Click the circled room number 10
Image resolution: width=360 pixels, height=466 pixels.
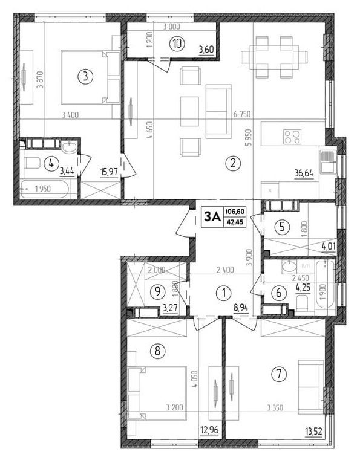[x=177, y=44]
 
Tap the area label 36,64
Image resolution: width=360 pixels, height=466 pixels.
[x=304, y=173]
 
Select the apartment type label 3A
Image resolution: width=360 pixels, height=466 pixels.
[x=212, y=217]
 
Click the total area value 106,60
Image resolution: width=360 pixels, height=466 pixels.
[x=235, y=212]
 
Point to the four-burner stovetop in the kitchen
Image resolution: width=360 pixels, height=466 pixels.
[x=292, y=137]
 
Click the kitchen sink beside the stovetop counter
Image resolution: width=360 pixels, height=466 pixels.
[x=328, y=161]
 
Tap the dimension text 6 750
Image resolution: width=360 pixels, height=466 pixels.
[x=242, y=114]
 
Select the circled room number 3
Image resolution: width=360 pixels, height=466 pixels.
[x=86, y=77]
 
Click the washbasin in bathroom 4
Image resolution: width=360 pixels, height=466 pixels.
[x=70, y=146]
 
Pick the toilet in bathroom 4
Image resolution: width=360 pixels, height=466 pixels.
[x=33, y=163]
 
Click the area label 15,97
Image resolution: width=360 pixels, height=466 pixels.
[x=109, y=172]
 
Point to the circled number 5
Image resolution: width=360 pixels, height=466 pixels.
[x=283, y=227]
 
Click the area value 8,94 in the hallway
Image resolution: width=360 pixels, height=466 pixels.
[x=241, y=308]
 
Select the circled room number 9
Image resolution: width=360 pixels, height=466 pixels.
[x=158, y=291]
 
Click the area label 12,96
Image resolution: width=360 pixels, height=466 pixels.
[x=210, y=430]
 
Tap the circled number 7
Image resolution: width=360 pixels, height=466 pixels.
[x=279, y=374]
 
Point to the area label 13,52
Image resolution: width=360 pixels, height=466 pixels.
[x=313, y=430]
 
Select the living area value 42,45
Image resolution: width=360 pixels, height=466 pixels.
[x=235, y=221]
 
